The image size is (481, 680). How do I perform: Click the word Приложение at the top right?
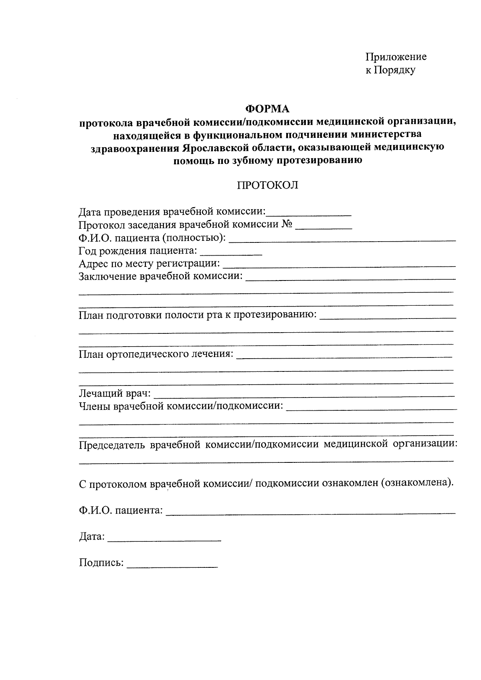click(x=396, y=57)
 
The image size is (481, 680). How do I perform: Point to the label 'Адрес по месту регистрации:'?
click(x=150, y=264)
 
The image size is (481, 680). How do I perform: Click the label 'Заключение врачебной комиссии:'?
click(x=161, y=276)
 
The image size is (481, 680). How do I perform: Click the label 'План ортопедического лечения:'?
click(x=156, y=354)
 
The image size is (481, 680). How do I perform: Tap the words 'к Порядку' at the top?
click(x=390, y=71)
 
